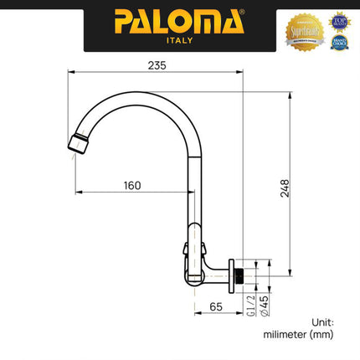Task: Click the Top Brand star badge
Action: (x=338, y=18)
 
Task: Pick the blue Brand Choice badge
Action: (x=338, y=41)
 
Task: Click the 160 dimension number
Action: (x=131, y=185)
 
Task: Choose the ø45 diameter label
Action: (x=265, y=306)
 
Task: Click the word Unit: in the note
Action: (x=322, y=321)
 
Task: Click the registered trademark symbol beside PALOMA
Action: (x=242, y=12)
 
